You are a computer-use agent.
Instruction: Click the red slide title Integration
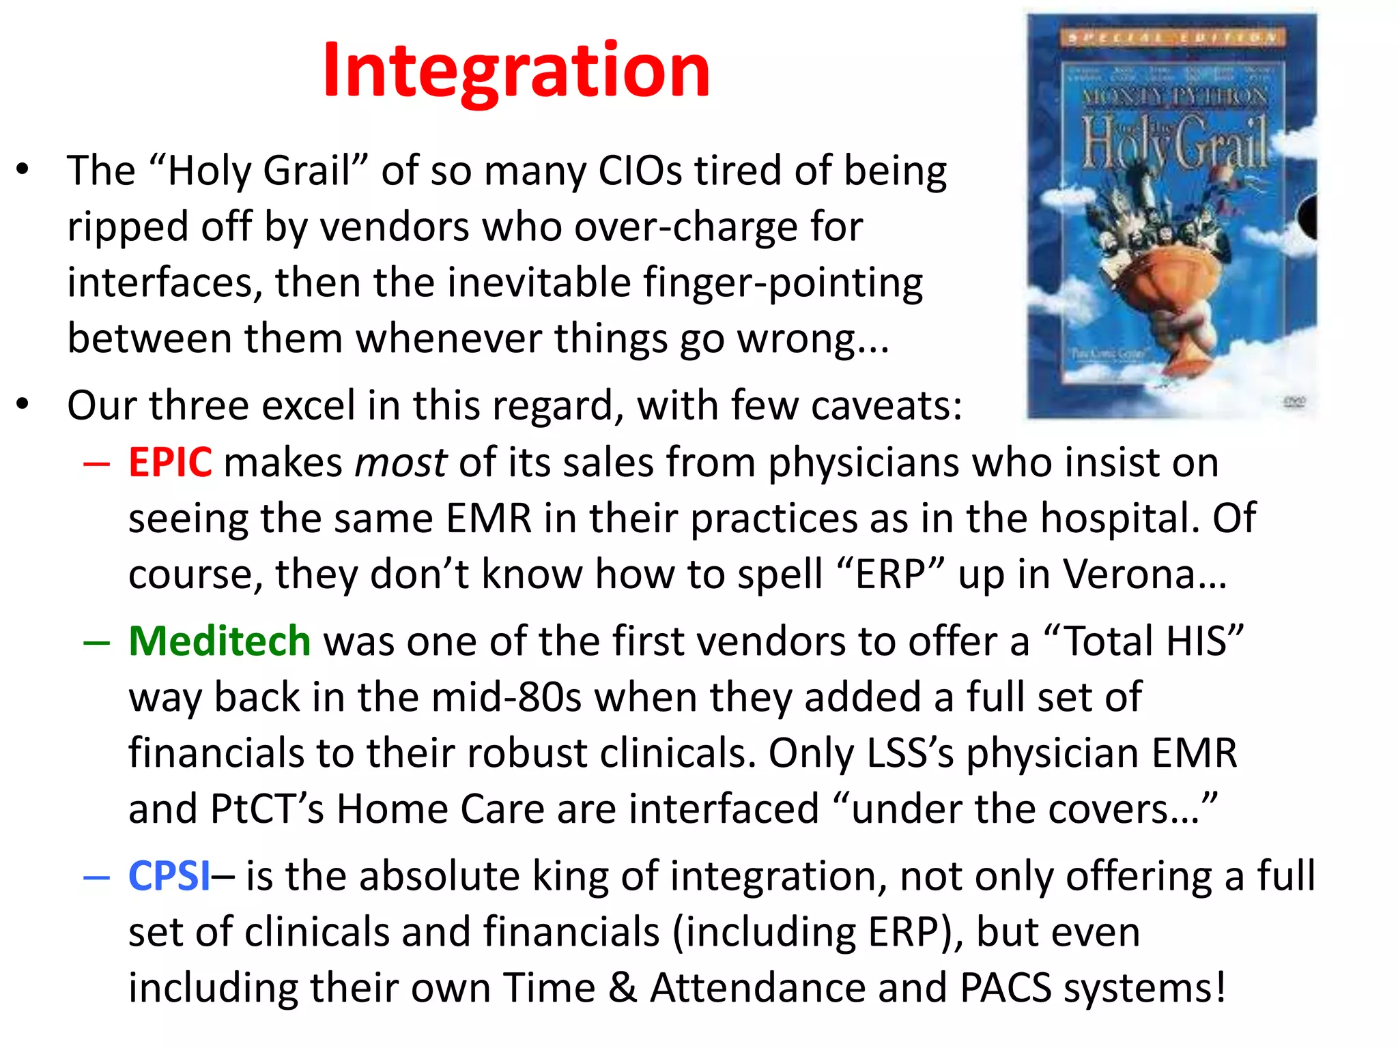pyautogui.click(x=516, y=70)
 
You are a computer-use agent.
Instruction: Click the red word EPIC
pyautogui.click(x=170, y=463)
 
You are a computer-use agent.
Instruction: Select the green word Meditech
pyautogui.click(x=220, y=641)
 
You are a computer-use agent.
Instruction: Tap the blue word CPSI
pyautogui.click(x=169, y=876)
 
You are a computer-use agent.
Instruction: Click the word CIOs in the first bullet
pyautogui.click(x=640, y=171)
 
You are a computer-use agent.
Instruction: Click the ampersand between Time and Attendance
pyautogui.click(x=622, y=988)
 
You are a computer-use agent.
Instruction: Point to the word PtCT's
pyautogui.click(x=267, y=809)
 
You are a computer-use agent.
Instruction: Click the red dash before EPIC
pyautogui.click(x=97, y=465)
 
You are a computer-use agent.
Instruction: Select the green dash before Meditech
pyautogui.click(x=97, y=643)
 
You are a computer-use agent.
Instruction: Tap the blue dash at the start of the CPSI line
pyautogui.click(x=97, y=878)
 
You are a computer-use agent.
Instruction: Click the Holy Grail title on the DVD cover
pyautogui.click(x=1174, y=142)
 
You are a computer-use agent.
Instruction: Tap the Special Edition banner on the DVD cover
pyautogui.click(x=1172, y=38)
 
